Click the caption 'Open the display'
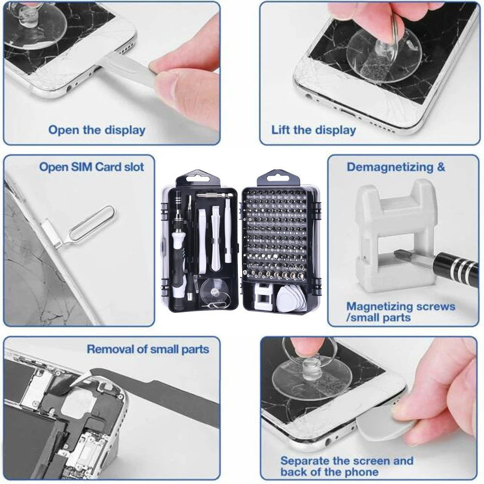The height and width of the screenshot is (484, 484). tap(97, 130)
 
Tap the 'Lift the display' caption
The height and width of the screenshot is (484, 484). tap(313, 130)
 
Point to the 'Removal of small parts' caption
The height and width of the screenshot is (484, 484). tap(148, 349)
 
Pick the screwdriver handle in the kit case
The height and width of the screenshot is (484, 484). tap(179, 261)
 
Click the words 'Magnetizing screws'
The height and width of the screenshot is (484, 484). tap(401, 307)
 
